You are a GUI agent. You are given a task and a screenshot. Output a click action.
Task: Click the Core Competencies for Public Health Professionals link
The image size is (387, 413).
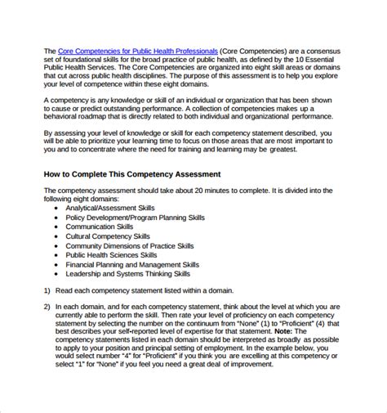point(138,51)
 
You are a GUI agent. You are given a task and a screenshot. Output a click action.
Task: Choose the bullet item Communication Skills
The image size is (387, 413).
point(101,231)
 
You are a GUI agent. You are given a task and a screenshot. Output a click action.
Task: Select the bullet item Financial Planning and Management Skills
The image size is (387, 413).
point(132,276)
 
